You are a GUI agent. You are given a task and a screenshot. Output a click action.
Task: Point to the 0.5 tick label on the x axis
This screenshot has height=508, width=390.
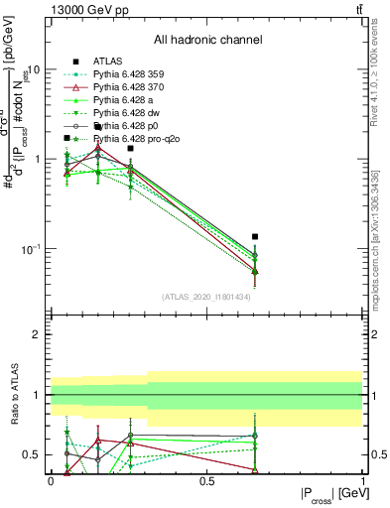coord(206,480)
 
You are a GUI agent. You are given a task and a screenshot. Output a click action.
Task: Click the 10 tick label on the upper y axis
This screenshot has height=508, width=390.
coord(34,70)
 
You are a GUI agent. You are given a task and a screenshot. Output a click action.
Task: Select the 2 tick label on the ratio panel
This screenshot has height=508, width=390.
coord(38,334)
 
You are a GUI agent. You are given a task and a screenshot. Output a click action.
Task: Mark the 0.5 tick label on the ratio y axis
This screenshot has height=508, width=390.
coord(34,454)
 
